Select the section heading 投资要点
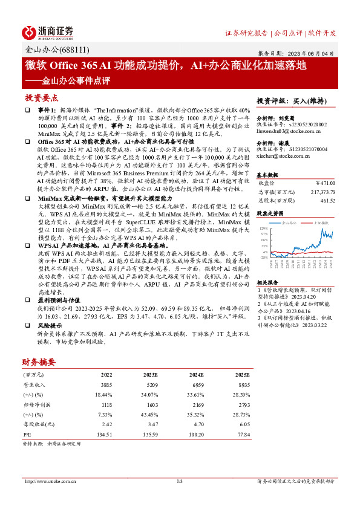pos(41,97)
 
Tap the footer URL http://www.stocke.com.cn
pos(48,481)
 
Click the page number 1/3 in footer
pos(180,481)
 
